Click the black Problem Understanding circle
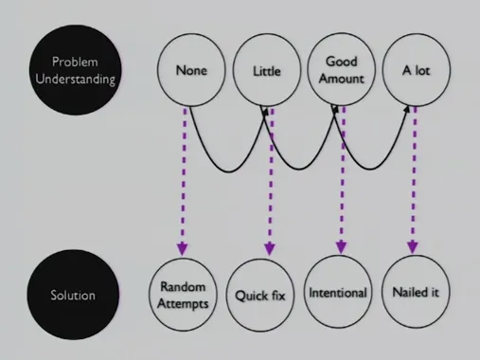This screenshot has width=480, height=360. (x=75, y=70)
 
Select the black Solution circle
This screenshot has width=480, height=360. (x=73, y=295)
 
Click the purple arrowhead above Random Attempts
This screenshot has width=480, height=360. (x=183, y=249)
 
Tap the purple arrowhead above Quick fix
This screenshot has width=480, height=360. (x=269, y=249)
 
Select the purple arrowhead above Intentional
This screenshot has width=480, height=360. (x=341, y=247)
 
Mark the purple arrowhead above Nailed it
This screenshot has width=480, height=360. (x=413, y=247)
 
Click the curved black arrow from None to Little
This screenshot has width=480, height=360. (x=229, y=172)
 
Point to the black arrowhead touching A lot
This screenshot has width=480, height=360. (x=407, y=109)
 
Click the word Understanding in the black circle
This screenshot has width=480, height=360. (x=75, y=80)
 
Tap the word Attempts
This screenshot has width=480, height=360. (x=183, y=303)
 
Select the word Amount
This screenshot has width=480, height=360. (x=342, y=79)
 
